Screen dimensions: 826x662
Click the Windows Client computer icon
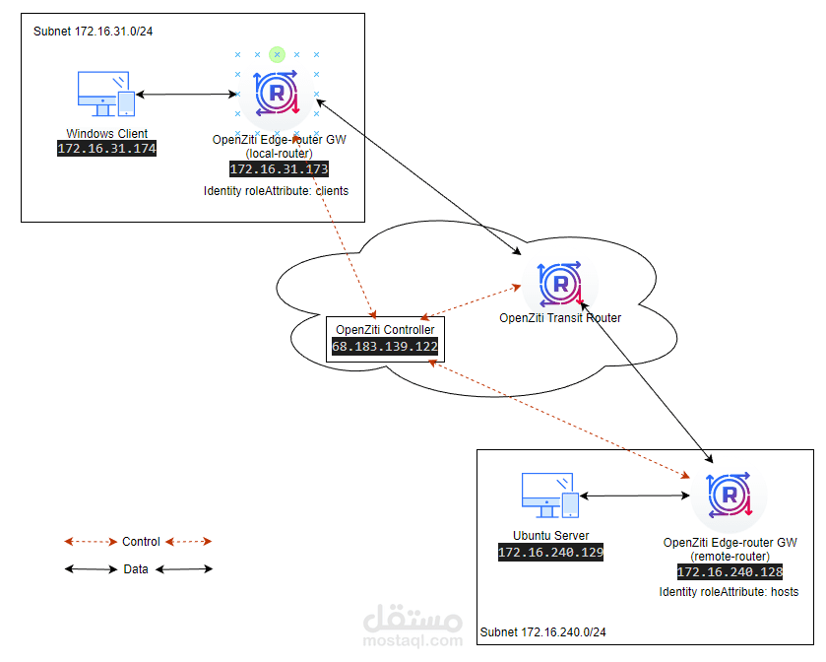106,94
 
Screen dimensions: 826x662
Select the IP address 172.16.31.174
107,149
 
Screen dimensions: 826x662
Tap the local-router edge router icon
277,93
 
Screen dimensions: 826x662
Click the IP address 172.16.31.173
280,169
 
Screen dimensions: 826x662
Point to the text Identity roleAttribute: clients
276,191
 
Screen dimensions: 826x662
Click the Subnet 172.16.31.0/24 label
94,32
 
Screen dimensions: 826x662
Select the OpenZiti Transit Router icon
560,284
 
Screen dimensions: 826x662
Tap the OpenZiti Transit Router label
560,318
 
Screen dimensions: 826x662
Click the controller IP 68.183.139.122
385,347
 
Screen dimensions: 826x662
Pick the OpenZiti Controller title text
385,330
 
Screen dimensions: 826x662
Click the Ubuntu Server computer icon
550,496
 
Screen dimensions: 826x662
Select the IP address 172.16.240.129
551,553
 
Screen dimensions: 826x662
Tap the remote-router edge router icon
730,495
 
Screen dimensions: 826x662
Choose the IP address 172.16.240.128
731,572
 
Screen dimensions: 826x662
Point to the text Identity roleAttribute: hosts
730,592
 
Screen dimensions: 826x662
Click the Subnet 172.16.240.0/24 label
543,632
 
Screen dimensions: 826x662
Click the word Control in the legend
141,542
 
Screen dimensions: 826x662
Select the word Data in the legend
136,569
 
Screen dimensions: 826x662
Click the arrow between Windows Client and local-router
186,95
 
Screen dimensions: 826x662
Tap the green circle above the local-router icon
277,54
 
